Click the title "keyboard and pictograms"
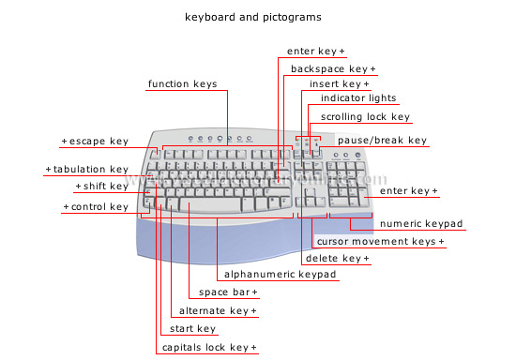(x=253, y=17)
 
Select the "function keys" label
(x=182, y=84)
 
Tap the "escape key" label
(x=98, y=141)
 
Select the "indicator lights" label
(x=358, y=97)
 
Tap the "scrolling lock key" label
(x=365, y=117)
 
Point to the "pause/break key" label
(x=382, y=141)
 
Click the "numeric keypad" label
(x=421, y=223)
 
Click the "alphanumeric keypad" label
(x=281, y=275)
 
